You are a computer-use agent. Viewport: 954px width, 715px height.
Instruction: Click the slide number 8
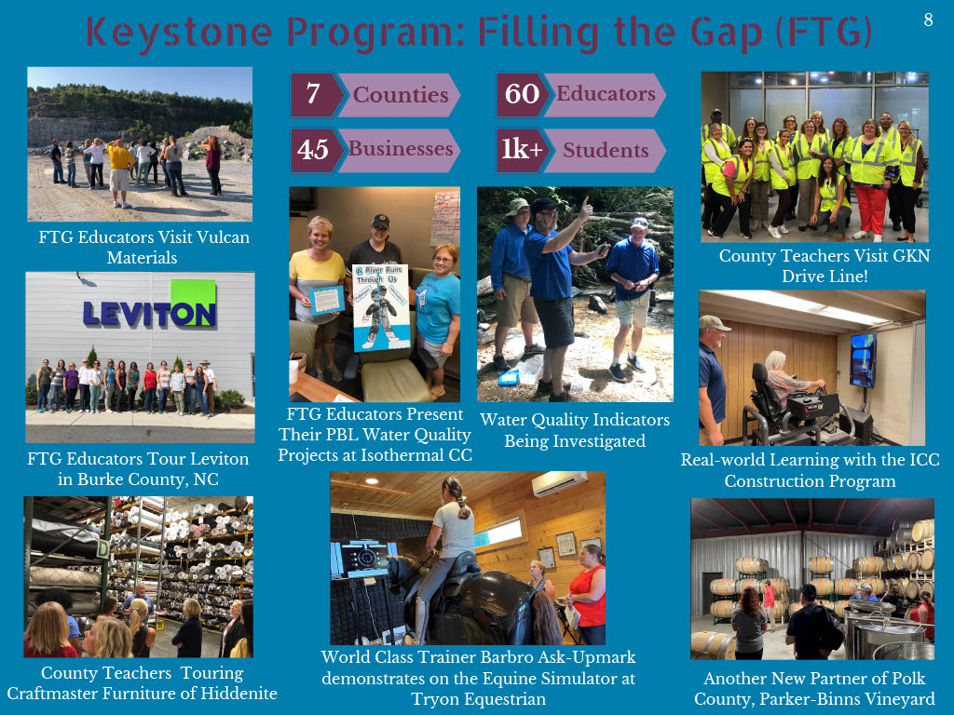[928, 20]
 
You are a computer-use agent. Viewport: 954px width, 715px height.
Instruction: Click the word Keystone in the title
[179, 33]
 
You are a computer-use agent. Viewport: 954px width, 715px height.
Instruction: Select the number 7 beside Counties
[313, 93]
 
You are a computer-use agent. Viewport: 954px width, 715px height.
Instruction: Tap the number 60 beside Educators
[522, 94]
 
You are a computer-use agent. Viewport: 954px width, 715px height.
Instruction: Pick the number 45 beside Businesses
[313, 150]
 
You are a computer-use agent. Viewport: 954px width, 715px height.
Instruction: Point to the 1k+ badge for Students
[522, 149]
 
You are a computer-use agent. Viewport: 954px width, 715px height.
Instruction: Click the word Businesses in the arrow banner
[401, 148]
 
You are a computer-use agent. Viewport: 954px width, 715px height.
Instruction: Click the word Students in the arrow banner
[606, 150]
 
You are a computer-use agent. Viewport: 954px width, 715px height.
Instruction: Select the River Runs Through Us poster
[381, 307]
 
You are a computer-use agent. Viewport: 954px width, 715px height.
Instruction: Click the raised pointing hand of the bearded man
[585, 208]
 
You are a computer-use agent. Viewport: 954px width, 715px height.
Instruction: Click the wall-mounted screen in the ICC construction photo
[862, 359]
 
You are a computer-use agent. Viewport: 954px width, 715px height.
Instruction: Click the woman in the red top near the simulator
[589, 594]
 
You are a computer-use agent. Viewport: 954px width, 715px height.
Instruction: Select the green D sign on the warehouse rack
[103, 549]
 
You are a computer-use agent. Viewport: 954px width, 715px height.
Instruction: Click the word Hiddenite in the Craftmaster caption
[239, 694]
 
